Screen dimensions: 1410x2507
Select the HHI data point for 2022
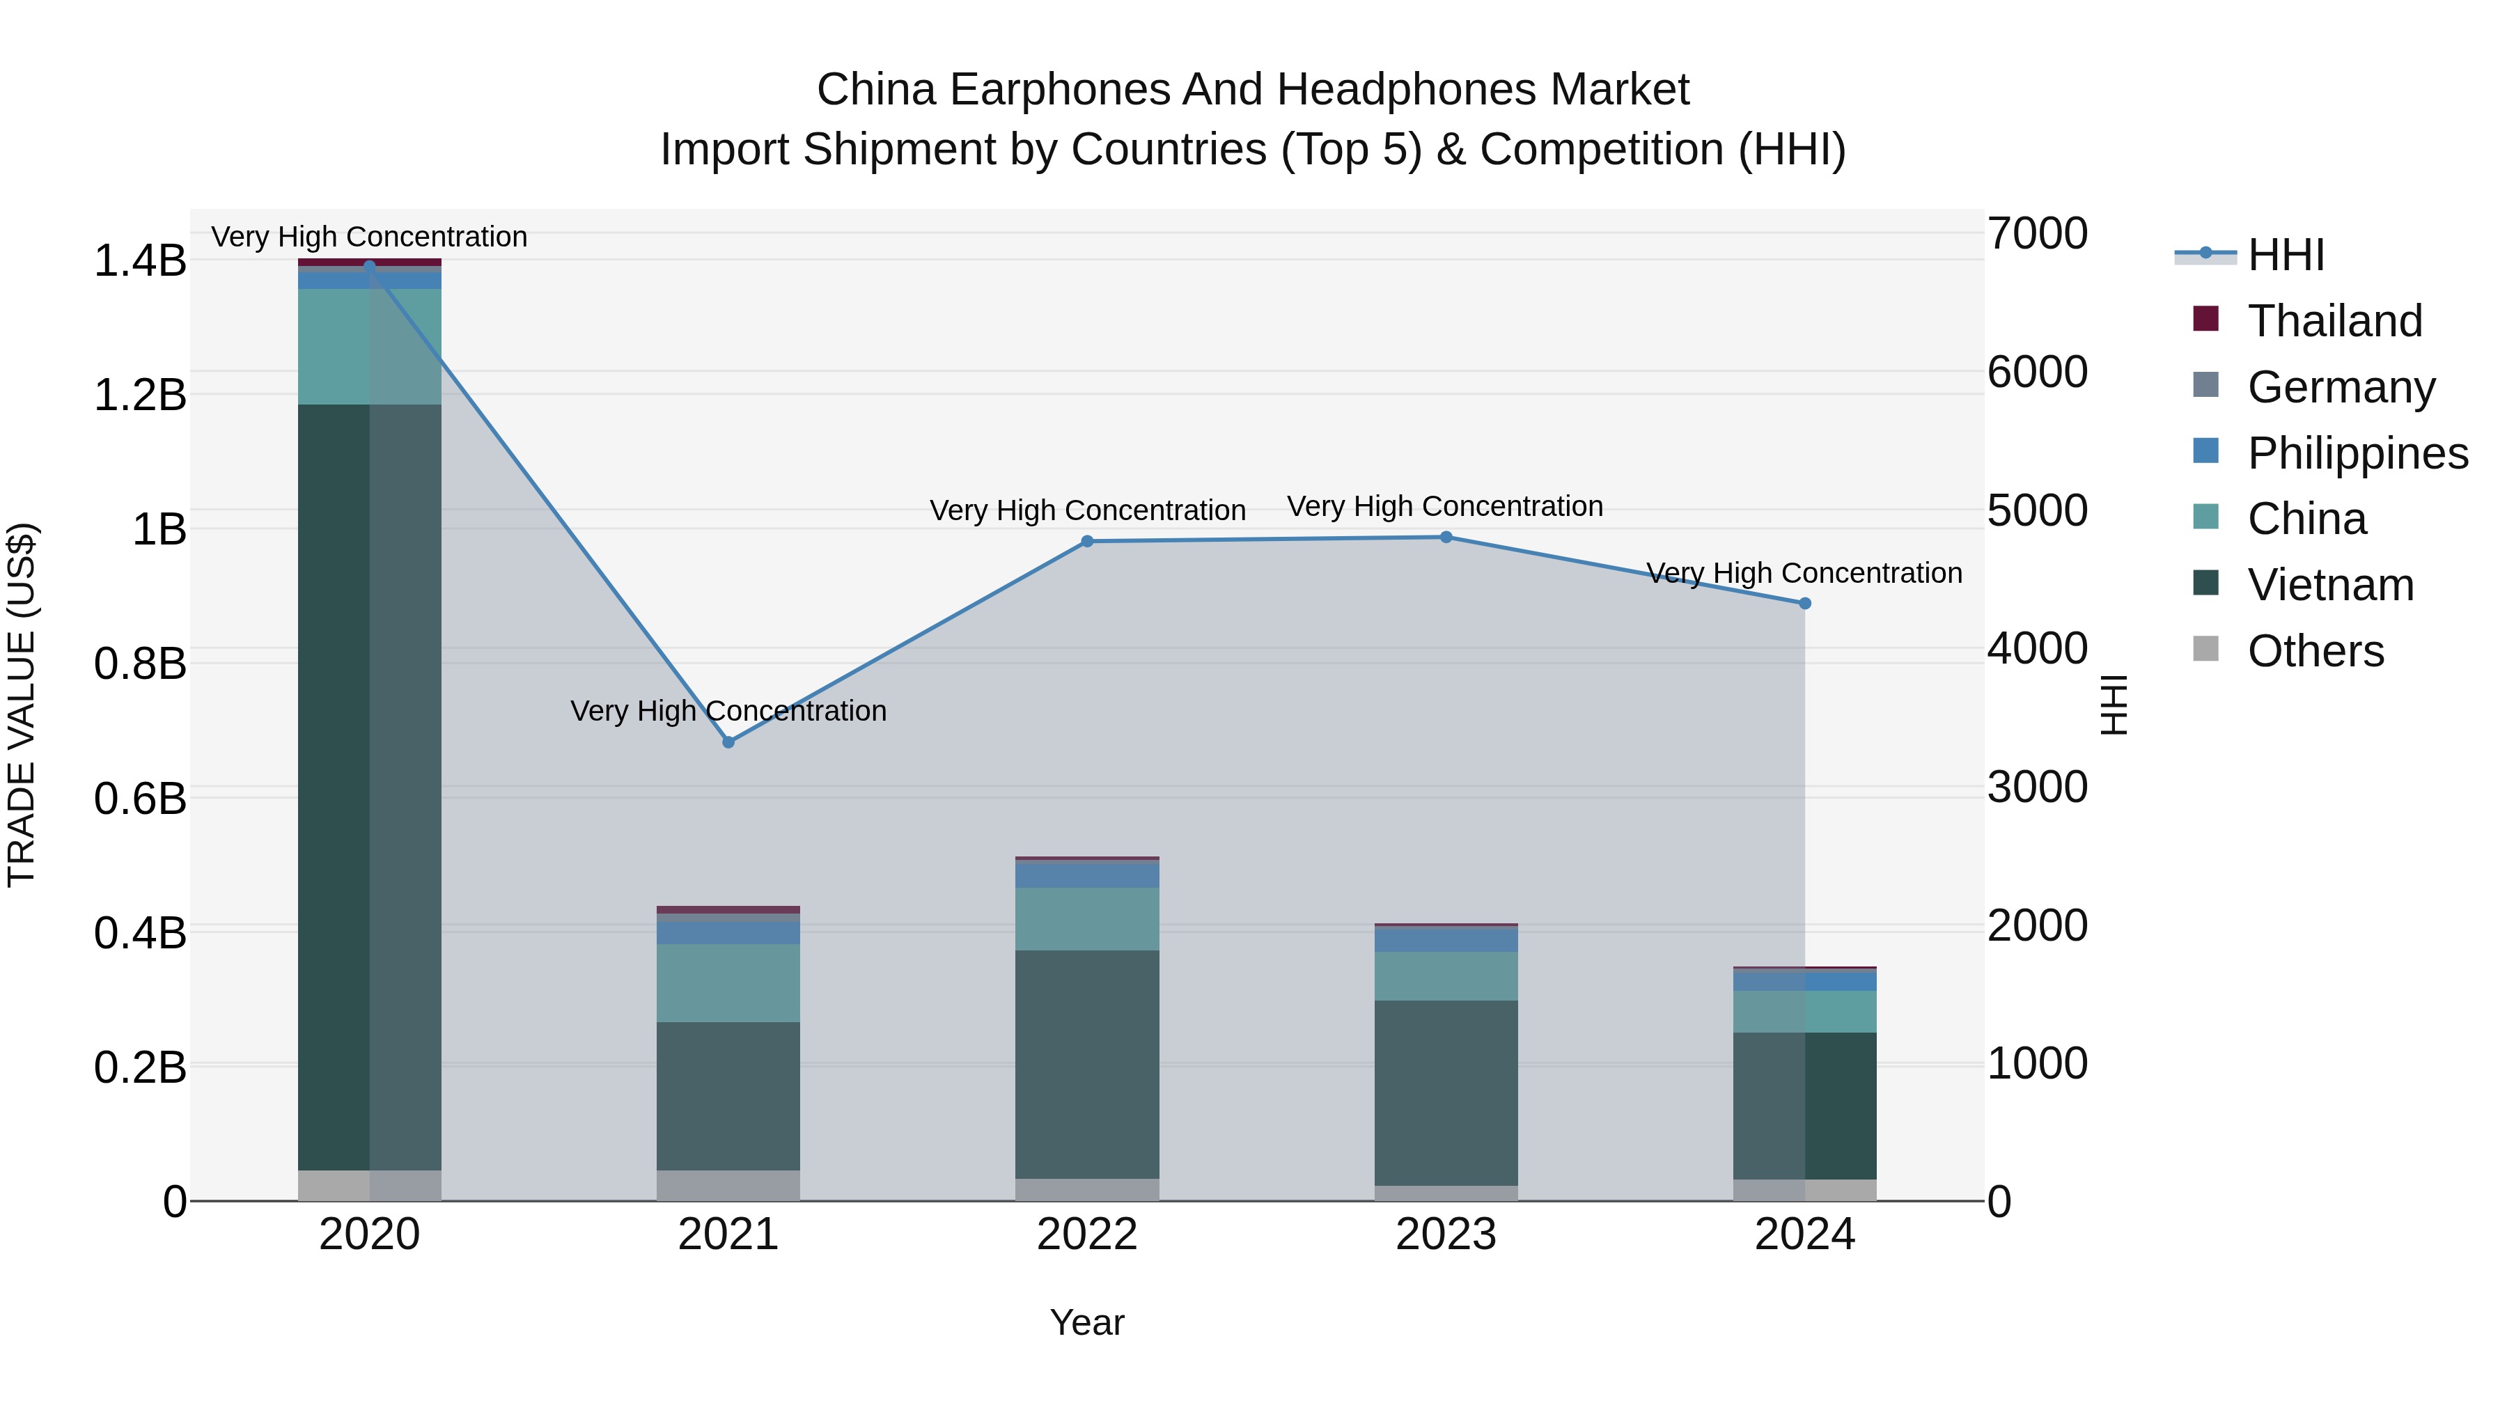(1087, 541)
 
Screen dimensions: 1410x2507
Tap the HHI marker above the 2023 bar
(1446, 537)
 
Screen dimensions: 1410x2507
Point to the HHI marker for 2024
(1804, 603)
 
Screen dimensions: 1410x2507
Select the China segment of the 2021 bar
(728, 982)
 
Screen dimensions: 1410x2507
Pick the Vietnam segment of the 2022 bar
(1087, 1065)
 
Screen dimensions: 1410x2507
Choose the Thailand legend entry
(2334, 321)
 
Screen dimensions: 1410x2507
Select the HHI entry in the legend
(2285, 255)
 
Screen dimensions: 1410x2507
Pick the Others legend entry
(2314, 651)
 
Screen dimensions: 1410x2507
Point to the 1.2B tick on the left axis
(139, 395)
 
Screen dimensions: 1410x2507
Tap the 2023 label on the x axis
(1446, 1235)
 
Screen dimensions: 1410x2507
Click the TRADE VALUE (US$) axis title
(22, 705)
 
